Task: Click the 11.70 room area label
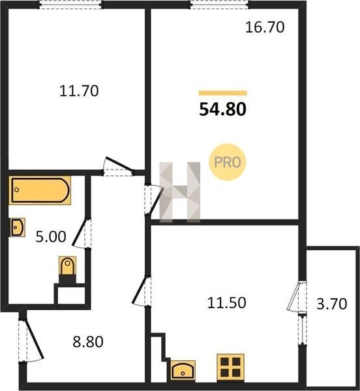(79, 91)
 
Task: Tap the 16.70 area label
(265, 27)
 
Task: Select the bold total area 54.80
(223, 109)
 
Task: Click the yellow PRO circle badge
(227, 162)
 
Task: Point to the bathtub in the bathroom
(40, 190)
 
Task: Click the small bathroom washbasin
(18, 227)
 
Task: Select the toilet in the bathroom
(67, 269)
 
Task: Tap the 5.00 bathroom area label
(51, 237)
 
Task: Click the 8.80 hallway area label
(88, 342)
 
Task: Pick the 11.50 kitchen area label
(227, 303)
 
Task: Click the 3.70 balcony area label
(332, 304)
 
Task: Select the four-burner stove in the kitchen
(230, 367)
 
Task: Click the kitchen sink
(183, 370)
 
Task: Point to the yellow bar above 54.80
(223, 93)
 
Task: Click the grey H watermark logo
(180, 192)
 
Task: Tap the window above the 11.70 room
(70, 5)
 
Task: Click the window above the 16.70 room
(220, 5)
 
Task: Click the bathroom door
(82, 233)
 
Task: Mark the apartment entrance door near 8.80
(31, 340)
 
